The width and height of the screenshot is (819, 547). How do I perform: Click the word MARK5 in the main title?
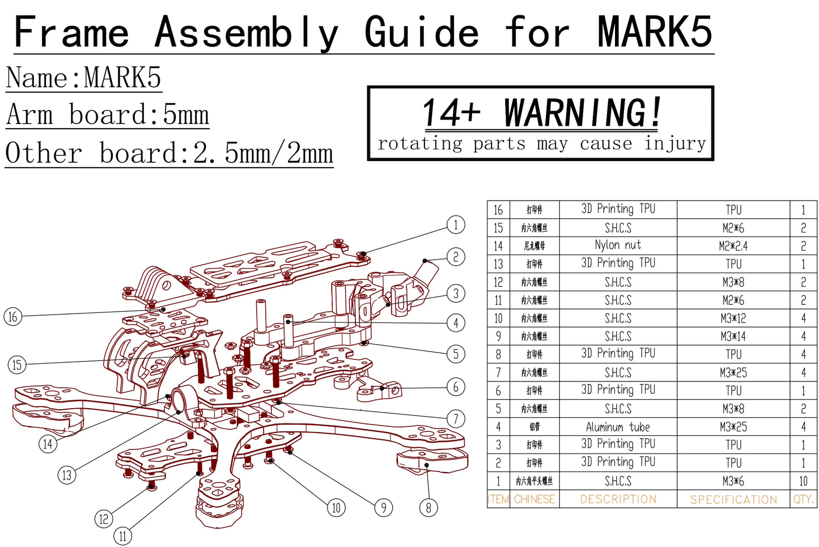tap(655, 32)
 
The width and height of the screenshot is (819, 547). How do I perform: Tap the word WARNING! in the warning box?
tap(582, 113)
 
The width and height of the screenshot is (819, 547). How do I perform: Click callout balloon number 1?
tap(456, 225)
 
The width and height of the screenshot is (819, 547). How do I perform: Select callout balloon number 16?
tap(13, 316)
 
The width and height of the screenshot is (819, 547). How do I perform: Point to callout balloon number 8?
tap(428, 507)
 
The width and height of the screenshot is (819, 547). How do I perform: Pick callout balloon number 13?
tap(67, 475)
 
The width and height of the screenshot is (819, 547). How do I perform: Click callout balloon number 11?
tap(123, 536)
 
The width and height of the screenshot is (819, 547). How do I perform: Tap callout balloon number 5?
tap(456, 354)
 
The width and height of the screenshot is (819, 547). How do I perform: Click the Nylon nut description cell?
tap(618, 245)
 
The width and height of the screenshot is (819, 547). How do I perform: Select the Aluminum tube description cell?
tap(618, 427)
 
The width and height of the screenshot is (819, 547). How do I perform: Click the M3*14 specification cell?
tap(733, 336)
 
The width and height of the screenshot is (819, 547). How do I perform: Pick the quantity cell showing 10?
tap(803, 481)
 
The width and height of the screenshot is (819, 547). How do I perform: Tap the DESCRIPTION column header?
tap(618, 499)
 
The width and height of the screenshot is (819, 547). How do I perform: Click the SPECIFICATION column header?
tap(733, 499)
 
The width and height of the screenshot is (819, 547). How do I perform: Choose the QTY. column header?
tap(803, 499)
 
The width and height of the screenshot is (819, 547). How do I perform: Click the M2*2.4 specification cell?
tap(733, 245)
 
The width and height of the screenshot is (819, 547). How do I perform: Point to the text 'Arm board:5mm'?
tap(108, 115)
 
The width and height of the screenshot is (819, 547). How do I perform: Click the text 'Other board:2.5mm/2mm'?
tap(169, 153)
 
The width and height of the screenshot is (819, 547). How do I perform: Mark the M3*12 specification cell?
tap(733, 318)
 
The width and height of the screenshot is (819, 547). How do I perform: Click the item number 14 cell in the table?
tap(498, 245)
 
